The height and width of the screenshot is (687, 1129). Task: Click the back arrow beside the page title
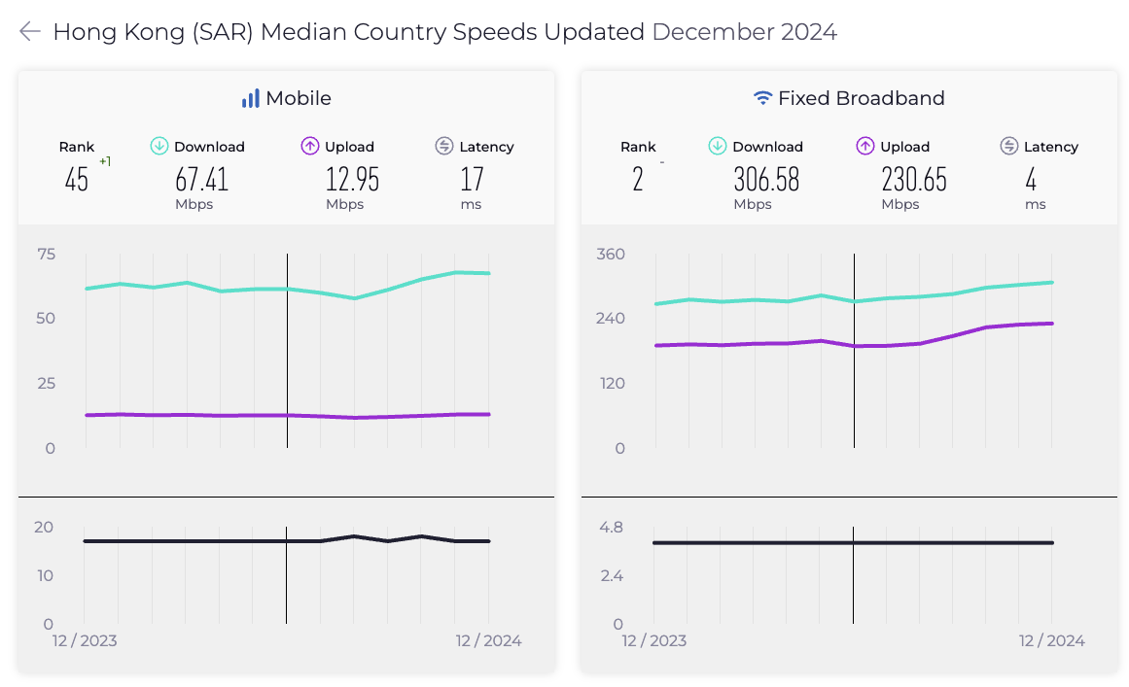click(30, 32)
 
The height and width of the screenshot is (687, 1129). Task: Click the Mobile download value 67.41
click(201, 180)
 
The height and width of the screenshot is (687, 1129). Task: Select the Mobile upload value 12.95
click(352, 180)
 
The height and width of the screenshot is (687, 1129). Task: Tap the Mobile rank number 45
click(77, 180)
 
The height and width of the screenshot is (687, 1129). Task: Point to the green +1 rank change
click(105, 161)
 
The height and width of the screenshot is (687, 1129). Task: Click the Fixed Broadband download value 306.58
click(765, 180)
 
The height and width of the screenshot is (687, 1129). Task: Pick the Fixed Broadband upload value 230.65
click(914, 180)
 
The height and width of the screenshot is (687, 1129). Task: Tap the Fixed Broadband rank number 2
click(638, 180)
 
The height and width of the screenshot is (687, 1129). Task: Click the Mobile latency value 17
click(472, 180)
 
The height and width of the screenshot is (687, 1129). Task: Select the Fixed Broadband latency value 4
click(1032, 180)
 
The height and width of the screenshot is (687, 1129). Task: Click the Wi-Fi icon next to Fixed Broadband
click(763, 98)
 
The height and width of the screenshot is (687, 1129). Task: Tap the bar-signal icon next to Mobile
click(251, 98)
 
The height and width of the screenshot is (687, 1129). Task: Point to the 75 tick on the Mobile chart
click(47, 255)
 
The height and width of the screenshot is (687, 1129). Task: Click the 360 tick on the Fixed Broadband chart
click(611, 255)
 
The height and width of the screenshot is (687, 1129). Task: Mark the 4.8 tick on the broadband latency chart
click(611, 528)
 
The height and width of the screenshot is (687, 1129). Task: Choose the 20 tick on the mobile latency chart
click(44, 528)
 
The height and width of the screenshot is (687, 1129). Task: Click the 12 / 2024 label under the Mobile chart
click(488, 641)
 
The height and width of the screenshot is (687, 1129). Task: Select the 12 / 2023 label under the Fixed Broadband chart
click(653, 641)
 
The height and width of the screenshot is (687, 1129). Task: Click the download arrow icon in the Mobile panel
click(159, 147)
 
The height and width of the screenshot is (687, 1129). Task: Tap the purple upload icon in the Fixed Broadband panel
click(865, 147)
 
